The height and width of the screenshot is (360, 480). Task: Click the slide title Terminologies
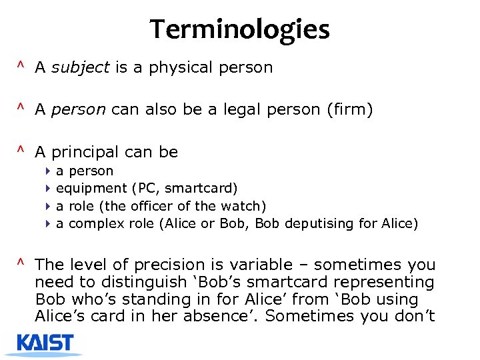tap(239, 29)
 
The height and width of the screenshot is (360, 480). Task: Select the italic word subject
tap(79, 67)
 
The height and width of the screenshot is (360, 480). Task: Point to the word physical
tap(183, 67)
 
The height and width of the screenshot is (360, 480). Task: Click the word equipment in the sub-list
tap(91, 189)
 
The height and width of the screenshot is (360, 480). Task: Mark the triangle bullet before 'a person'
tap(49, 171)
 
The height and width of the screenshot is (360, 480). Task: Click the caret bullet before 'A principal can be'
tap(21, 151)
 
